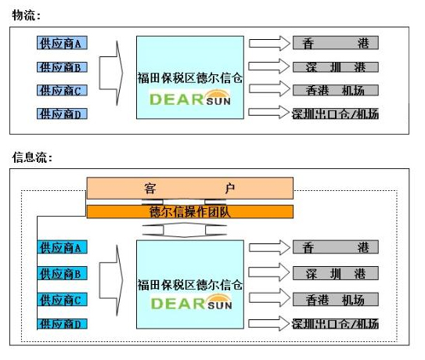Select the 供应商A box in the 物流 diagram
point(62,43)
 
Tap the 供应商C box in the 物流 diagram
point(62,90)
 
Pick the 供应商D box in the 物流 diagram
point(62,113)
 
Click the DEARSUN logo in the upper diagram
point(190,98)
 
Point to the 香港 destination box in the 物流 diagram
point(336,43)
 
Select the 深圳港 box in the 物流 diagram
point(336,67)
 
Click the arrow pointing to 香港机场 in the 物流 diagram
point(269,89)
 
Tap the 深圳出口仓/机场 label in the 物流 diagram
point(335,113)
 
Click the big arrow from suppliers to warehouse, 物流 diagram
point(111,74)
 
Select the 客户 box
point(189,188)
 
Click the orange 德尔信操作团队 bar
point(189,212)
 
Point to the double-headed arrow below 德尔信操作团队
point(184,230)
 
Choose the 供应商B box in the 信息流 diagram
point(62,274)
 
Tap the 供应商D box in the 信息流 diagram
point(62,324)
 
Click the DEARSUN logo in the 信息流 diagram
point(191,303)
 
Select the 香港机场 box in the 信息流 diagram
point(336,300)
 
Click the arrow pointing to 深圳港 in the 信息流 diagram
point(269,272)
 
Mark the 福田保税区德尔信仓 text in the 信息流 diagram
point(189,285)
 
